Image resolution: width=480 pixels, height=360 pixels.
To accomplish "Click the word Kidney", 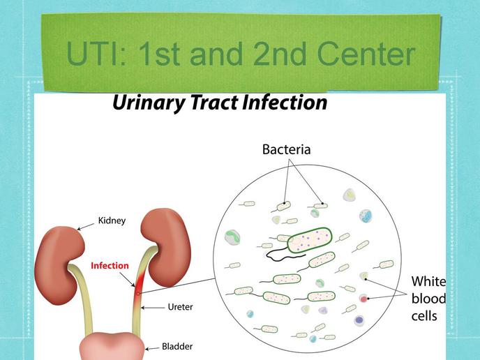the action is tap(112, 221).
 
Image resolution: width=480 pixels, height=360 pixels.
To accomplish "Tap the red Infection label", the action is tap(110, 265).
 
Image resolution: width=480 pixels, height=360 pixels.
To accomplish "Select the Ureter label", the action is tap(180, 307).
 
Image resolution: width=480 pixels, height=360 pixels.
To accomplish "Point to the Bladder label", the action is tap(177, 347).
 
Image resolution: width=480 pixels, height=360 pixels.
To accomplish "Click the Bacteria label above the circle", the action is tap(287, 149).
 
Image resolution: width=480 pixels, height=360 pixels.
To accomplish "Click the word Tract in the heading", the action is tap(215, 103).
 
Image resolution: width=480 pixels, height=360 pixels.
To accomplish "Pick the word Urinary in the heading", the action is tap(149, 103).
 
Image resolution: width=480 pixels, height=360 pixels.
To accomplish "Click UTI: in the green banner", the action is tap(96, 54).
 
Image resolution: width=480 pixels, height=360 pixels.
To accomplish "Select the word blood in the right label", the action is tap(428, 299).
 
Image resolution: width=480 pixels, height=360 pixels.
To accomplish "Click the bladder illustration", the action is tap(112, 346).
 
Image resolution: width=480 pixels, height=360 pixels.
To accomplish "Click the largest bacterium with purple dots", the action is tap(310, 240).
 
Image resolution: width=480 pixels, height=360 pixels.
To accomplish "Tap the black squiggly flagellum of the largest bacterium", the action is tap(285, 255).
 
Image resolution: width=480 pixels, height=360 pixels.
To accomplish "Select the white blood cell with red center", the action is tap(363, 299).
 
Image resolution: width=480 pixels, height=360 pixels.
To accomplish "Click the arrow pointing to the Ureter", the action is tap(153, 308).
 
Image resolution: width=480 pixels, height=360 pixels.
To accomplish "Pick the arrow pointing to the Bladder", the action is tap(152, 348).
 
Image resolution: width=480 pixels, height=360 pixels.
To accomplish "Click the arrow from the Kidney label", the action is tap(86, 226).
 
